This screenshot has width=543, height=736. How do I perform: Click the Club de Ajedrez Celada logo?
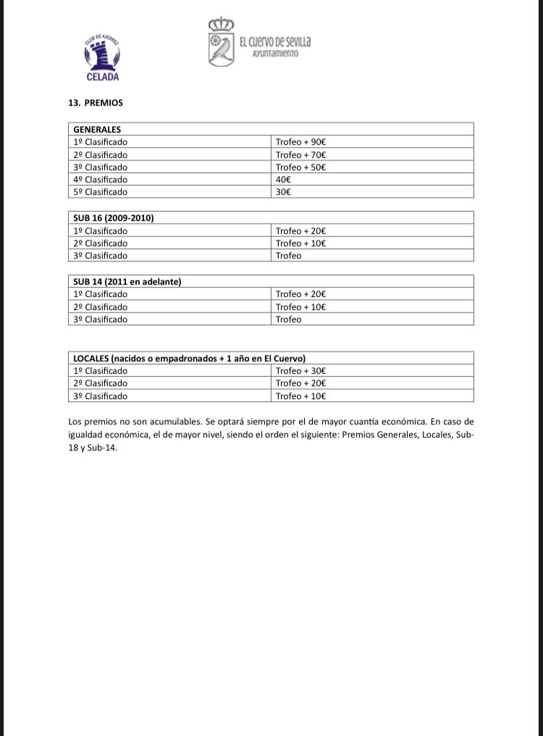tap(103, 57)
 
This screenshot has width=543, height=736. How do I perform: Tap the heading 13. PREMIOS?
tap(96, 103)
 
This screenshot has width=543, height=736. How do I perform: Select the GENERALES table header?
tap(97, 130)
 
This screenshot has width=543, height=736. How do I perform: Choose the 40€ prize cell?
tap(283, 179)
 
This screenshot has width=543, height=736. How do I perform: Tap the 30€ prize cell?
tap(283, 191)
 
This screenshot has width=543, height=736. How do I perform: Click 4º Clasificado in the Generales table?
tap(101, 179)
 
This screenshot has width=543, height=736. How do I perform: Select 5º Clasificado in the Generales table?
tap(101, 191)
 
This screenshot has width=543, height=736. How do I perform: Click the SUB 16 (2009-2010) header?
tap(114, 218)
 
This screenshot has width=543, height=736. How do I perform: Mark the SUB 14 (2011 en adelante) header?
tap(126, 282)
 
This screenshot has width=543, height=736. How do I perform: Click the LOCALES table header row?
tap(190, 358)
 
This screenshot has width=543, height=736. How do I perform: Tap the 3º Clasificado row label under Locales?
tap(101, 396)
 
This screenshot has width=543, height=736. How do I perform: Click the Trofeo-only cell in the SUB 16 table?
tap(288, 255)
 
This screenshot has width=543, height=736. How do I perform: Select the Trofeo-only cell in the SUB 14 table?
tap(288, 319)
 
